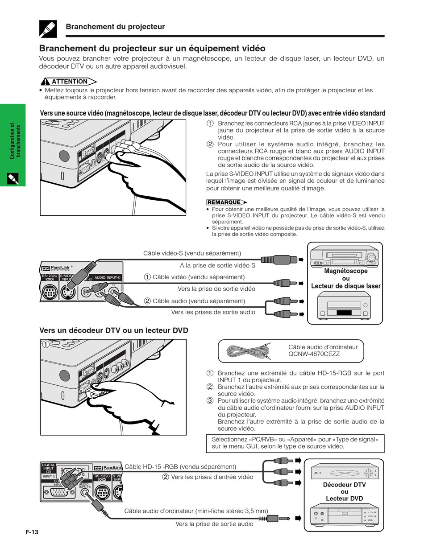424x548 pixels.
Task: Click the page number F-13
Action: (32, 532)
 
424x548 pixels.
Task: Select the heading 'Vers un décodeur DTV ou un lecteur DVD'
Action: (114, 330)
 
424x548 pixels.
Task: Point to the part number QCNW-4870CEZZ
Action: (314, 354)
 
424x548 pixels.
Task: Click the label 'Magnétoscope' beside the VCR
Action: (345, 271)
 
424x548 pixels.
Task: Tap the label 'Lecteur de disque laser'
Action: (345, 286)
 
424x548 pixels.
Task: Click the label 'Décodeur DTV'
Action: (344, 485)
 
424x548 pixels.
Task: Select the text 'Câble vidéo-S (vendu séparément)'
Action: (192, 253)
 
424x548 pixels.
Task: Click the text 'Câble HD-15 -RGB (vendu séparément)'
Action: (180, 466)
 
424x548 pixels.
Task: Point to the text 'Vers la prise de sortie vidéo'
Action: (216, 289)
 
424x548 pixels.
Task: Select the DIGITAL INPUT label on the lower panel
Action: (48, 468)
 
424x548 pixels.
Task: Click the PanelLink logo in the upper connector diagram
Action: (56, 268)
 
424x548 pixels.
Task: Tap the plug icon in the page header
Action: (48, 28)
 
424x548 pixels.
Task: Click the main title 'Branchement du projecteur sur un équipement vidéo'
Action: (152, 48)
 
